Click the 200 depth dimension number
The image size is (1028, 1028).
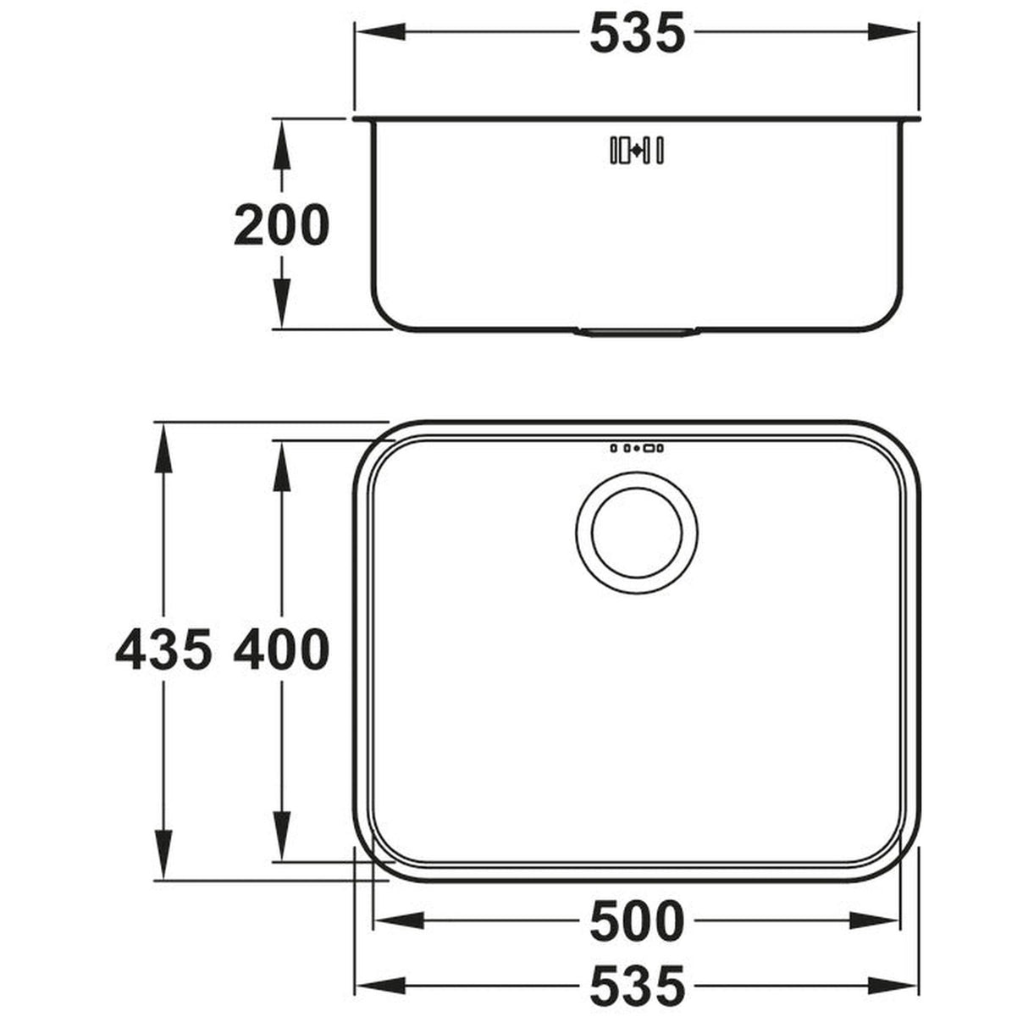(280, 225)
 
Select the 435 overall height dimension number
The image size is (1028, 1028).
(163, 651)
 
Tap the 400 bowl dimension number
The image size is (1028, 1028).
(280, 651)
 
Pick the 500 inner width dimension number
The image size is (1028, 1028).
(636, 921)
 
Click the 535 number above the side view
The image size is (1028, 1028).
(636, 35)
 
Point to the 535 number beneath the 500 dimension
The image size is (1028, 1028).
(636, 987)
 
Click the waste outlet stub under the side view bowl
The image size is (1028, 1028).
(636, 332)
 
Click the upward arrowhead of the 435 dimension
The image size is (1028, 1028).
(163, 440)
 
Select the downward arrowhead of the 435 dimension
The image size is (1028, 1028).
(163, 862)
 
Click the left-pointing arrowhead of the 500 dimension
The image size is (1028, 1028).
(394, 920)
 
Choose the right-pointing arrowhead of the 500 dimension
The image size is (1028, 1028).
(878, 920)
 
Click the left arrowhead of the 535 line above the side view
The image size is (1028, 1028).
(374, 34)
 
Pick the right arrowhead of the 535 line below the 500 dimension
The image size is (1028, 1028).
(898, 987)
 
